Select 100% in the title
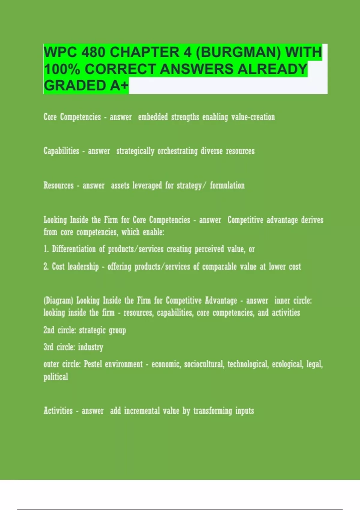62,69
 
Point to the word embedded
153,117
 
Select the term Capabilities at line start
61,151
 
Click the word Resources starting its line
58,185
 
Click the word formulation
227,185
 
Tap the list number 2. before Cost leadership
46,266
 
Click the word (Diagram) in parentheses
58,301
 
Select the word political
56,377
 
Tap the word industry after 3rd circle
91,347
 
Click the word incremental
142,411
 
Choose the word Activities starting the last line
58,411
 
